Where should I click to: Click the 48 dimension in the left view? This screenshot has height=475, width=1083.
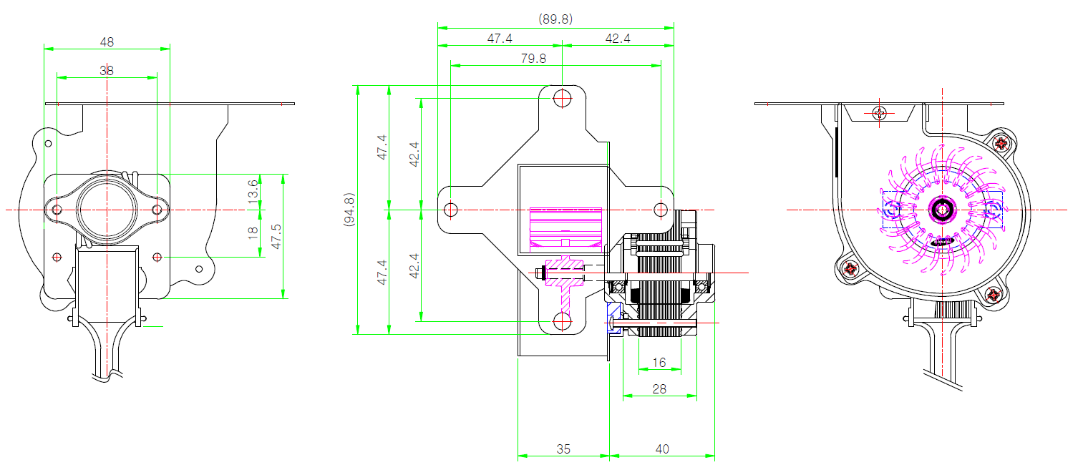pos(107,42)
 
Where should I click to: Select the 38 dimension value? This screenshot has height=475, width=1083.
pos(107,71)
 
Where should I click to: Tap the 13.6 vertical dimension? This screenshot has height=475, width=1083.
pos(253,191)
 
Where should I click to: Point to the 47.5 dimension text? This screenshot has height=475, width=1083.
pos(276,236)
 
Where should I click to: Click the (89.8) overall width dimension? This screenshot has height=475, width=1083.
pos(555,19)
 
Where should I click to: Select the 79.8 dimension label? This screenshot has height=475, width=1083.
pos(533,59)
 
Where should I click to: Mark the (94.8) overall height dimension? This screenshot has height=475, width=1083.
pos(349,209)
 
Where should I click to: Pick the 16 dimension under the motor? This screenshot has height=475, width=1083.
pos(659,363)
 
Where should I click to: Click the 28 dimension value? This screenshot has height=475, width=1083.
pos(659,389)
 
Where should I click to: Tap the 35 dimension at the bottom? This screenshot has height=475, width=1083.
pos(563,449)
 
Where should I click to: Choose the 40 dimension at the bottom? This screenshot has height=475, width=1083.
pos(662,449)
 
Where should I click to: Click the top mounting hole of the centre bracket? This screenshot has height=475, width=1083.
pos(563,99)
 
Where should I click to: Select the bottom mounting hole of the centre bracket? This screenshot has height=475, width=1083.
pos(563,321)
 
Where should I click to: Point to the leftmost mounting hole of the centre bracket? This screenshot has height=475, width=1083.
pos(451,210)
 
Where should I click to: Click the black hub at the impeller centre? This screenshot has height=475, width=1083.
pos(942,210)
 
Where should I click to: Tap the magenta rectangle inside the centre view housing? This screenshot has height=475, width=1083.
pos(565,227)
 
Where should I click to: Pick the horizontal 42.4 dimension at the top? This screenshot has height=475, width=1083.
pos(618,38)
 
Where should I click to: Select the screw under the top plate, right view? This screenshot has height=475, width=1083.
pos(880,114)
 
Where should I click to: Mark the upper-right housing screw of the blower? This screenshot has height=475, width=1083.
pos(1001,143)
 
